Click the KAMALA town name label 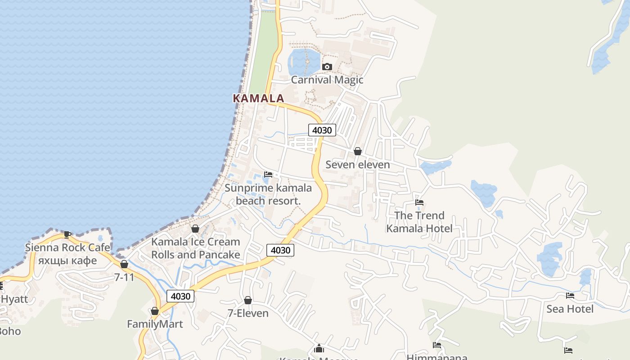(258, 98)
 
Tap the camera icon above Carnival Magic (327, 67)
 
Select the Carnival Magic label (327, 80)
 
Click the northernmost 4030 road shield (322, 130)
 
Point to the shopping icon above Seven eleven (358, 151)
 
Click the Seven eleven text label (358, 165)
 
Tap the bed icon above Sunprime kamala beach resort (268, 175)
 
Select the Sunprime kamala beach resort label (268, 194)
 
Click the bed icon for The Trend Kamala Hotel (419, 202)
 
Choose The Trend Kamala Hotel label (419, 222)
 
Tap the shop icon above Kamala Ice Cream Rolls (195, 229)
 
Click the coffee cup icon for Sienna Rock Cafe (67, 234)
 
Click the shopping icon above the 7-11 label (124, 264)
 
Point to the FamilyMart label (155, 324)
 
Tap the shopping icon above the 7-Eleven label (248, 300)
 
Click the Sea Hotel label (570, 309)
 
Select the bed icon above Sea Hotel (570, 296)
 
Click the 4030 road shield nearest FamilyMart (180, 296)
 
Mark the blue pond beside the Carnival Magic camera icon (303, 62)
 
